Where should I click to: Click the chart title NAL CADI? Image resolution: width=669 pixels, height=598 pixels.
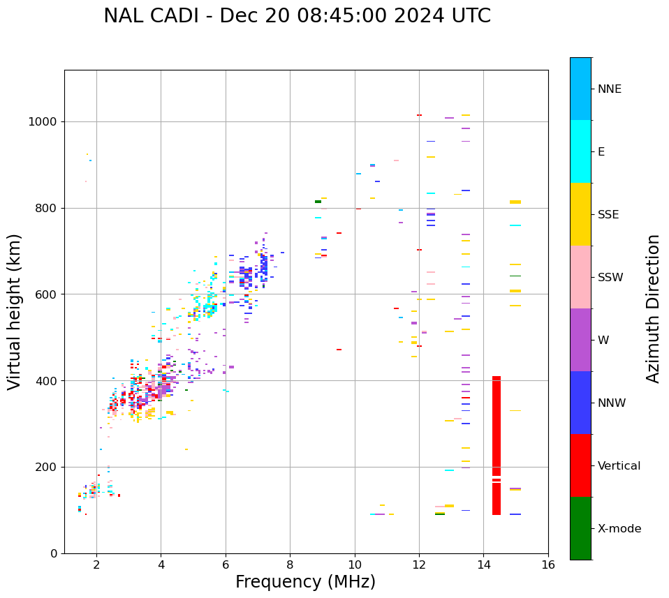(297, 16)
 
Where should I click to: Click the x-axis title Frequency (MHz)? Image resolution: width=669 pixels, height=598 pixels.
(305, 582)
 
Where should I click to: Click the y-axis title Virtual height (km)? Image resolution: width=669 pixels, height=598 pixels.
(15, 312)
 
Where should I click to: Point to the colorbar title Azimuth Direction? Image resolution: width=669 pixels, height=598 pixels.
(653, 308)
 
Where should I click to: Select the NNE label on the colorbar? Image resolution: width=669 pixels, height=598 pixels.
(610, 89)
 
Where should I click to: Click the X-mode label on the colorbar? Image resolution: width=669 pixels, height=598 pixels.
(619, 529)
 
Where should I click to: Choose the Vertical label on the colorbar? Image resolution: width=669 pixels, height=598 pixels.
(619, 466)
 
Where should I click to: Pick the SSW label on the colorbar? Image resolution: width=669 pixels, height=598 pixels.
(610, 278)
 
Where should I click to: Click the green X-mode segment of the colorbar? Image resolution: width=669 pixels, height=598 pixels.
(580, 528)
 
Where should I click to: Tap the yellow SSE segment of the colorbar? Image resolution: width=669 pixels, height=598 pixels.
(580, 214)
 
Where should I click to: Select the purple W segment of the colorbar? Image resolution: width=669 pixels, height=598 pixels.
(580, 340)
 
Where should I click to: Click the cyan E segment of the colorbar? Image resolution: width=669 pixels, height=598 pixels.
(580, 151)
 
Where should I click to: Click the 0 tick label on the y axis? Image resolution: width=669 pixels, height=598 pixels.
(54, 553)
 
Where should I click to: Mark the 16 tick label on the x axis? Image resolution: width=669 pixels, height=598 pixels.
(548, 565)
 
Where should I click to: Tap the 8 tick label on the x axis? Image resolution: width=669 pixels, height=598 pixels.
(290, 565)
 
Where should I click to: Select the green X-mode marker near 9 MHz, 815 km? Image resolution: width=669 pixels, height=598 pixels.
(318, 202)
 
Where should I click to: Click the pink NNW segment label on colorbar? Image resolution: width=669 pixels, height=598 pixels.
(612, 403)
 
